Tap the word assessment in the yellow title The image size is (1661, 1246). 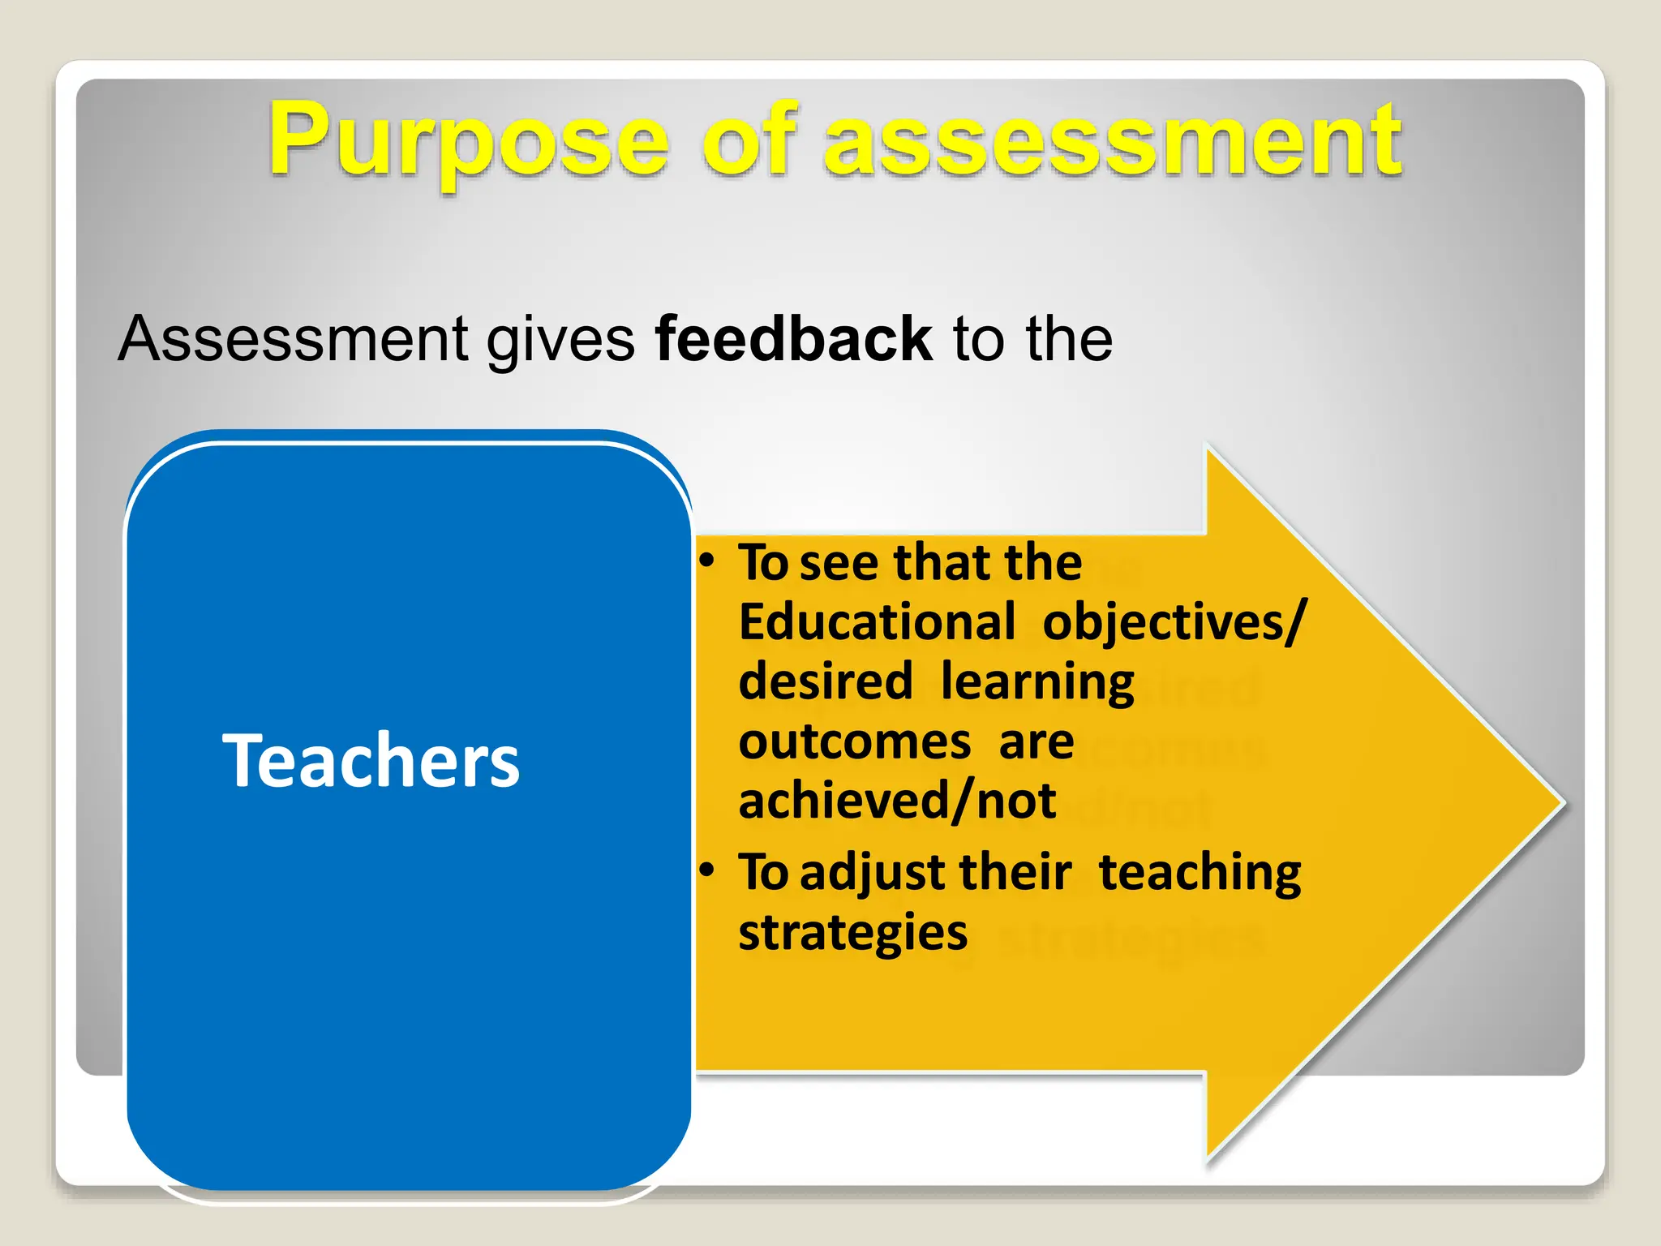click(x=1112, y=142)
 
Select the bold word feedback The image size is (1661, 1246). click(x=793, y=338)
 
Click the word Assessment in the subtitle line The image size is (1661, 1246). click(x=293, y=338)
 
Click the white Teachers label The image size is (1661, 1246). click(x=371, y=760)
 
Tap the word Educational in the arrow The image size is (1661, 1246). click(x=877, y=622)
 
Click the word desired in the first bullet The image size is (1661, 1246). click(x=826, y=681)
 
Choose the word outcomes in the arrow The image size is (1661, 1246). click(x=855, y=742)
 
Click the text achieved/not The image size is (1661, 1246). click(x=897, y=801)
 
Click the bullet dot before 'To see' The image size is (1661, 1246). click(x=707, y=561)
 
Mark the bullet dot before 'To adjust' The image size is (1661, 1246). click(x=707, y=870)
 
